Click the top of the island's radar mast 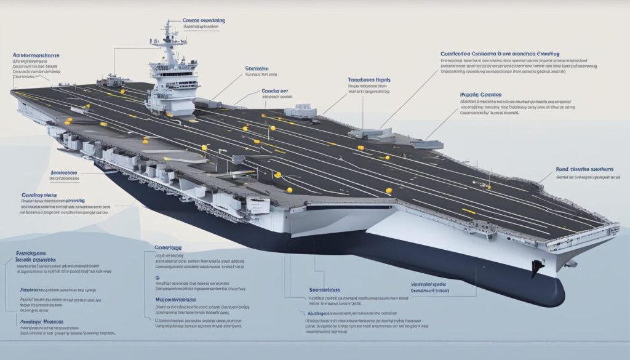167,23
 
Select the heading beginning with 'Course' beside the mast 204,20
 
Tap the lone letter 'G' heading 157,278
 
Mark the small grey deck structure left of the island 114,80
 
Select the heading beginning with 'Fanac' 369,80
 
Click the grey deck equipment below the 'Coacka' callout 301,111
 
